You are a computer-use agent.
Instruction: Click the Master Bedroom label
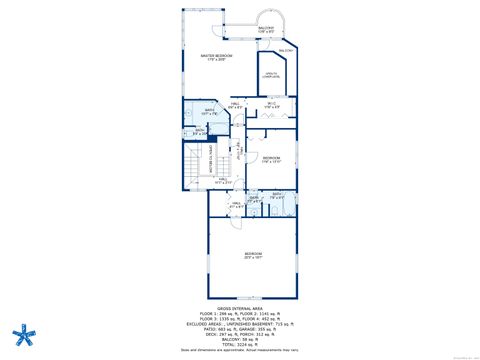[x=216, y=57]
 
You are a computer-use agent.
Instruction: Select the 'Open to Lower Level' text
[x=270, y=74]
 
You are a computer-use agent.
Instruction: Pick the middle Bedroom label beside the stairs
[x=272, y=159]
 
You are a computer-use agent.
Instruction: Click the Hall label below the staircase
[x=221, y=183]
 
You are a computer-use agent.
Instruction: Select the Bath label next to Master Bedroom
[x=210, y=112]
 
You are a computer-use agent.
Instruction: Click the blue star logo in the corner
[x=20, y=334]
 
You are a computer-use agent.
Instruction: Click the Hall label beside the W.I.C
[x=236, y=103]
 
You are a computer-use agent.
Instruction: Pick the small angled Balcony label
[x=286, y=51]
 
